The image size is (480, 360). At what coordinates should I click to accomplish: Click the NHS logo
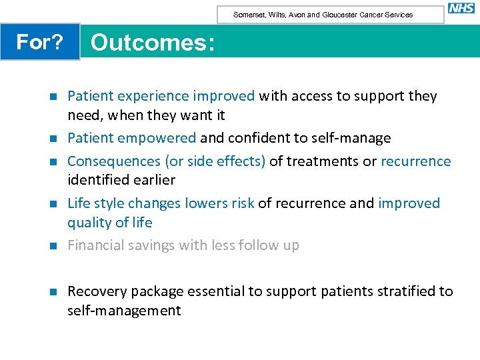tap(461, 8)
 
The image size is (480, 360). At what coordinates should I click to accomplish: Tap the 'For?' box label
tap(39, 42)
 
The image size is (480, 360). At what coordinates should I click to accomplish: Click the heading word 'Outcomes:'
tap(153, 43)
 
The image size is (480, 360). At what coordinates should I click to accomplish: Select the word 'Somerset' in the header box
tap(247, 15)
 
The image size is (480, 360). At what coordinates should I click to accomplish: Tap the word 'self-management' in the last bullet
tap(124, 311)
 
